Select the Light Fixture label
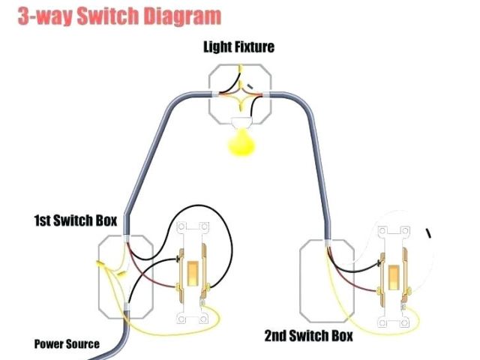[238, 47]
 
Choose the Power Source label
[67, 344]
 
